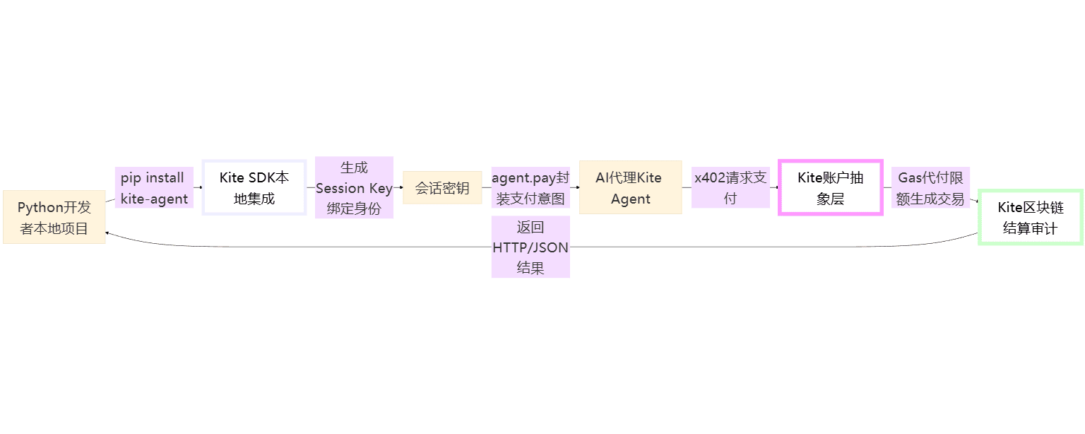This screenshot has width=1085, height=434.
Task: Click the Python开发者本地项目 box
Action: tap(54, 217)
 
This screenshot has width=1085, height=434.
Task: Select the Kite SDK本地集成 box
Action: tap(254, 187)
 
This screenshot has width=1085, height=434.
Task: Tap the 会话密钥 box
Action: tap(442, 187)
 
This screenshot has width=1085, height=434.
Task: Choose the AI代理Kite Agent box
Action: tap(630, 187)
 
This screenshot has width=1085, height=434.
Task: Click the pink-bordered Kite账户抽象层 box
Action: tap(830, 187)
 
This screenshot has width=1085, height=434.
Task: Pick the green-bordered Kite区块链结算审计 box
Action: tap(1031, 217)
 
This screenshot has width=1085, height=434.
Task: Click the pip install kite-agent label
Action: tap(154, 188)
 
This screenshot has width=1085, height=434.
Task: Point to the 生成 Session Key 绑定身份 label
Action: tap(354, 188)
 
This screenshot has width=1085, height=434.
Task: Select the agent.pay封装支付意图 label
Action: tap(530, 188)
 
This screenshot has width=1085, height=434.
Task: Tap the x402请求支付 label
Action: tap(730, 188)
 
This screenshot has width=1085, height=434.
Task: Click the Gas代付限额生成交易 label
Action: tap(930, 188)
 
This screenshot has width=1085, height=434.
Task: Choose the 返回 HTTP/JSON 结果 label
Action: tap(530, 247)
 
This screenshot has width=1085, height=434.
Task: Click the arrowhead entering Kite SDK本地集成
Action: tap(201, 187)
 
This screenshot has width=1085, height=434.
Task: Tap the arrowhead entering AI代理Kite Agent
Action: tap(577, 187)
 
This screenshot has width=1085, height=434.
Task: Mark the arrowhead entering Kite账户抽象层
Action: tap(776, 187)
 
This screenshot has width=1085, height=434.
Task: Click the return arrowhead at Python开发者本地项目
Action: tap(107, 233)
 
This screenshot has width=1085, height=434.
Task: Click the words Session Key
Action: tap(354, 188)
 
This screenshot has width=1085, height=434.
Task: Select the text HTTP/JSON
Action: tap(530, 247)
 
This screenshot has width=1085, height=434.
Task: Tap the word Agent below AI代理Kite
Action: tap(630, 199)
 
